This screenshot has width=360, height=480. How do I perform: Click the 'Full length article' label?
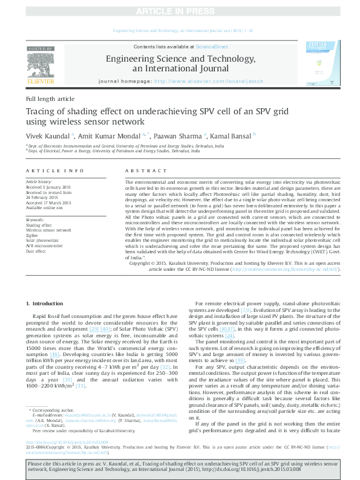coord(50,99)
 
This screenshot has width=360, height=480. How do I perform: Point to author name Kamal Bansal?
coord(232,135)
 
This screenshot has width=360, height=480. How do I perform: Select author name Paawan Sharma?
coord(180,135)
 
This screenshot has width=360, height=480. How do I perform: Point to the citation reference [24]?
coord(229,335)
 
